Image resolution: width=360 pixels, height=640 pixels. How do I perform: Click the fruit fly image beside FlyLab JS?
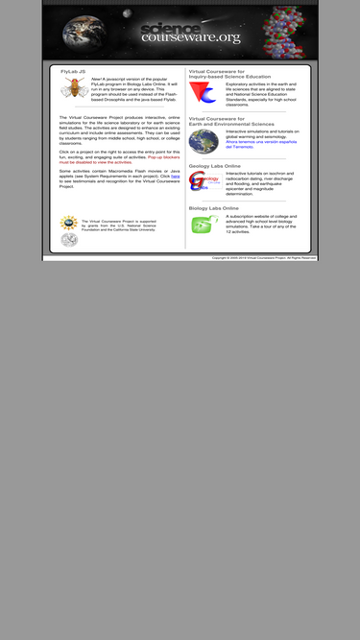click(x=74, y=89)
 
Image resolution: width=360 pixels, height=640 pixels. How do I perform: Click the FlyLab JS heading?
click(x=73, y=71)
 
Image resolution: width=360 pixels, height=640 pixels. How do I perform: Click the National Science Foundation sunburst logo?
click(x=68, y=223)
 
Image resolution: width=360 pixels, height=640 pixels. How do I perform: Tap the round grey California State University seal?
click(x=68, y=239)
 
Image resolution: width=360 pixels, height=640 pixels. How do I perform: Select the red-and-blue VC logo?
click(x=203, y=93)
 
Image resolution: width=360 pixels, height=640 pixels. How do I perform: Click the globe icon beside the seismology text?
click(x=203, y=141)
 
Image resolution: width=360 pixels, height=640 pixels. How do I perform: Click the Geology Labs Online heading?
click(x=214, y=165)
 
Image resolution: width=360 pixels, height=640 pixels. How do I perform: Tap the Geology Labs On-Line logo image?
click(x=202, y=181)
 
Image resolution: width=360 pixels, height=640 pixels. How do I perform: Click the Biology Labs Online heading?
click(x=213, y=207)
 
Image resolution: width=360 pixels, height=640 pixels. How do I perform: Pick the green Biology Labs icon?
click(x=203, y=224)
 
